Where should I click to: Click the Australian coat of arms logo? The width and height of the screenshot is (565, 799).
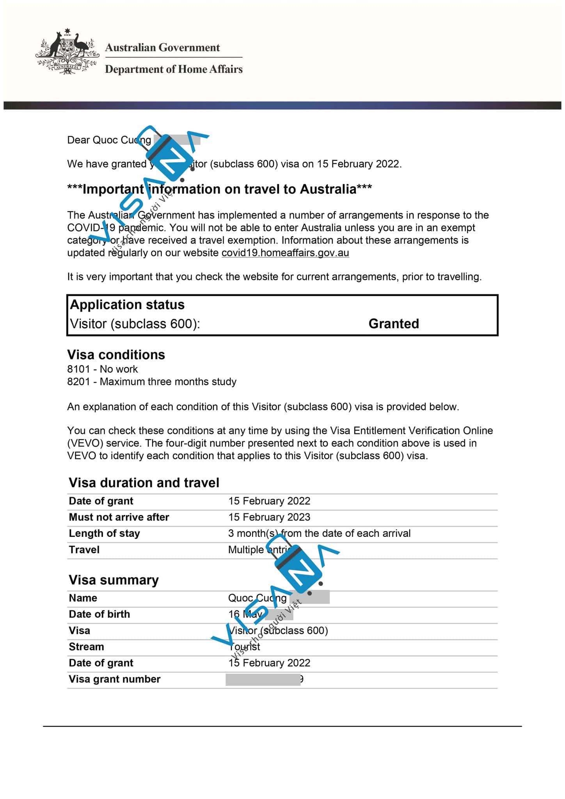(66, 51)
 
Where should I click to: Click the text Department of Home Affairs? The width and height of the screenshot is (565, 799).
(174, 69)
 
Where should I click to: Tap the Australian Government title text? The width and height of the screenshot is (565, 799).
(162, 48)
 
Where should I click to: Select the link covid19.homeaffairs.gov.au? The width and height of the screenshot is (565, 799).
(285, 253)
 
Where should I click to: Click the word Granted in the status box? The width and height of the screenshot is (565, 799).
(393, 324)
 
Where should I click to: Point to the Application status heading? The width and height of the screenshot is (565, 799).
(127, 305)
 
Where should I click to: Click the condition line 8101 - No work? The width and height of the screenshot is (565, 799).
(103, 369)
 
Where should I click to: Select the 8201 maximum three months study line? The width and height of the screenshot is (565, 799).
(152, 382)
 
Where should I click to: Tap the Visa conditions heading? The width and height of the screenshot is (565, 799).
(116, 355)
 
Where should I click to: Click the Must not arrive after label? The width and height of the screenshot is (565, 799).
(119, 517)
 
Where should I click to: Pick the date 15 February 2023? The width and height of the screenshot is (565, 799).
(269, 517)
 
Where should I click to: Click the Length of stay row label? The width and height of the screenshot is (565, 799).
(104, 533)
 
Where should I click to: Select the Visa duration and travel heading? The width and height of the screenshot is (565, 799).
(144, 483)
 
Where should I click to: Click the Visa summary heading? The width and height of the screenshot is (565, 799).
(114, 580)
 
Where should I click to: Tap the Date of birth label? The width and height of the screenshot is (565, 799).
(99, 614)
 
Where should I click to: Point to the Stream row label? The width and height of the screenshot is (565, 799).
(87, 647)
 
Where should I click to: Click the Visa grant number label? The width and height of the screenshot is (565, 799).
(115, 679)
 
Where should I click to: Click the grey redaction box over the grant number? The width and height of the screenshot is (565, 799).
(263, 680)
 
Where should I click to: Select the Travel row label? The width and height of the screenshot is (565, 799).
(84, 550)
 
